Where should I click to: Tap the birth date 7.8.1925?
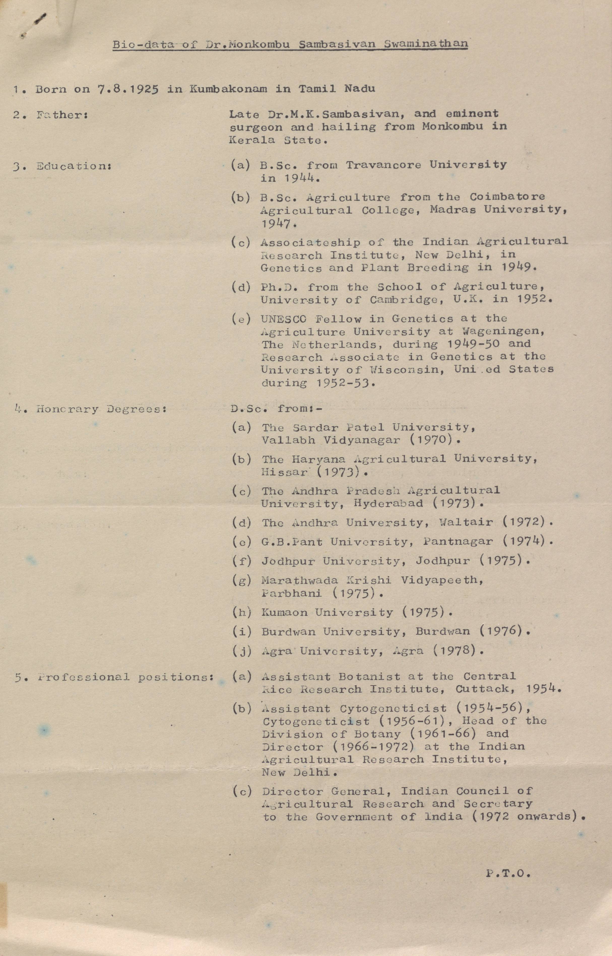click(x=128, y=89)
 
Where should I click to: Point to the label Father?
click(x=62, y=115)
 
